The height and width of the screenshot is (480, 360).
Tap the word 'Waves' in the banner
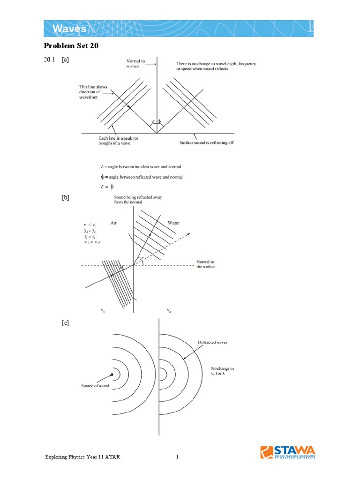(x=69, y=29)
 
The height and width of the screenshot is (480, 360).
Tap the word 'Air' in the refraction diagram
(x=113, y=224)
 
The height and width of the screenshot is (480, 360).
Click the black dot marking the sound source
(x=112, y=374)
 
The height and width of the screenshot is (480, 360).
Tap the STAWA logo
(x=288, y=453)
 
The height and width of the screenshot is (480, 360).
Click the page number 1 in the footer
(x=178, y=457)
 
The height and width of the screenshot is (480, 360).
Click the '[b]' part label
(x=65, y=198)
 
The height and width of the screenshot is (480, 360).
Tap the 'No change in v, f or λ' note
(x=222, y=371)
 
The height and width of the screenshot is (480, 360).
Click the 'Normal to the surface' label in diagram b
(x=205, y=264)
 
